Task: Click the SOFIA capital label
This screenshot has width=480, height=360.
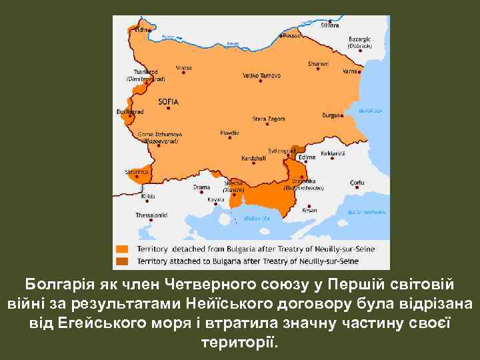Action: click(x=168, y=101)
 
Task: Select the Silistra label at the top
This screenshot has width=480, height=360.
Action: click(x=329, y=25)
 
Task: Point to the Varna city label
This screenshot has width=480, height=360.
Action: click(x=349, y=69)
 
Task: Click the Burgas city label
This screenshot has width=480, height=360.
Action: click(x=330, y=115)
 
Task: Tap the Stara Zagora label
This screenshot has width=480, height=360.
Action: click(x=268, y=119)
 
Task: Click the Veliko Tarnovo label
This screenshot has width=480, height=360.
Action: click(x=260, y=75)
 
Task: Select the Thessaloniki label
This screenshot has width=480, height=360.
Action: click(x=152, y=215)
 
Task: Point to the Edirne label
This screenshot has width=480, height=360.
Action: click(x=307, y=157)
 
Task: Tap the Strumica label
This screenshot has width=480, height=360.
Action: click(x=137, y=171)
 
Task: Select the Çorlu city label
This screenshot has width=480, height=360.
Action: click(x=357, y=182)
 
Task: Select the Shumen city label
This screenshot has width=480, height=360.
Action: click(x=318, y=63)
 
